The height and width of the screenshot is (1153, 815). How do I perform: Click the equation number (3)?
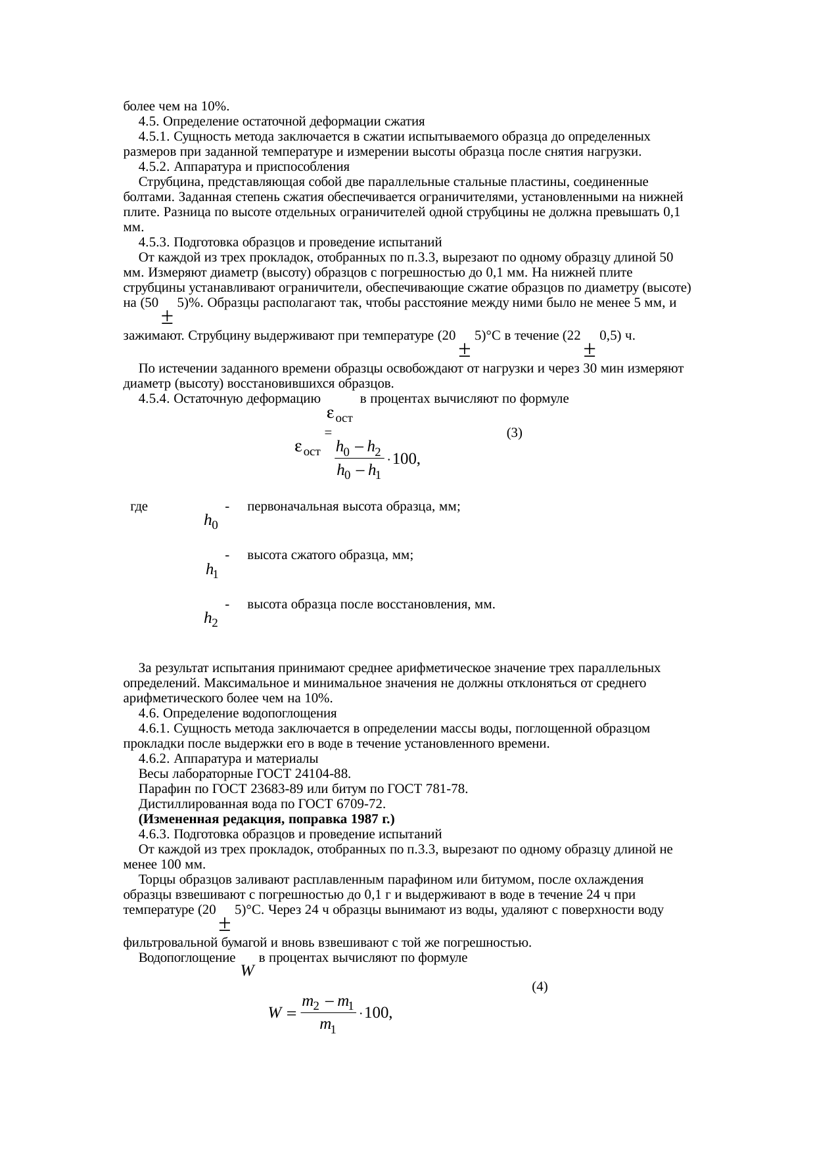(514, 433)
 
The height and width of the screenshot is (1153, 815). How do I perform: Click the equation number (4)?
(540, 987)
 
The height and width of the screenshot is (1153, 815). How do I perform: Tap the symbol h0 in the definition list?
(211, 522)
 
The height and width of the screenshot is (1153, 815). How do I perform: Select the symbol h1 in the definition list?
(212, 570)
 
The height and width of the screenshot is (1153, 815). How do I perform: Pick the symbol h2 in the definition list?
(211, 618)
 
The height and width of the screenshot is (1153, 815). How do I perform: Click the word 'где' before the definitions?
(139, 507)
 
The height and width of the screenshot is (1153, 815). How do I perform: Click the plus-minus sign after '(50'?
(167, 317)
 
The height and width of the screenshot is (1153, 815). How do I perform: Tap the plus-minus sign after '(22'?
(590, 349)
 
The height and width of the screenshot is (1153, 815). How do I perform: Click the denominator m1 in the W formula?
(328, 1026)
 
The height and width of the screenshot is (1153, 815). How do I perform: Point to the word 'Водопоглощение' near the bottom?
(187, 958)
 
